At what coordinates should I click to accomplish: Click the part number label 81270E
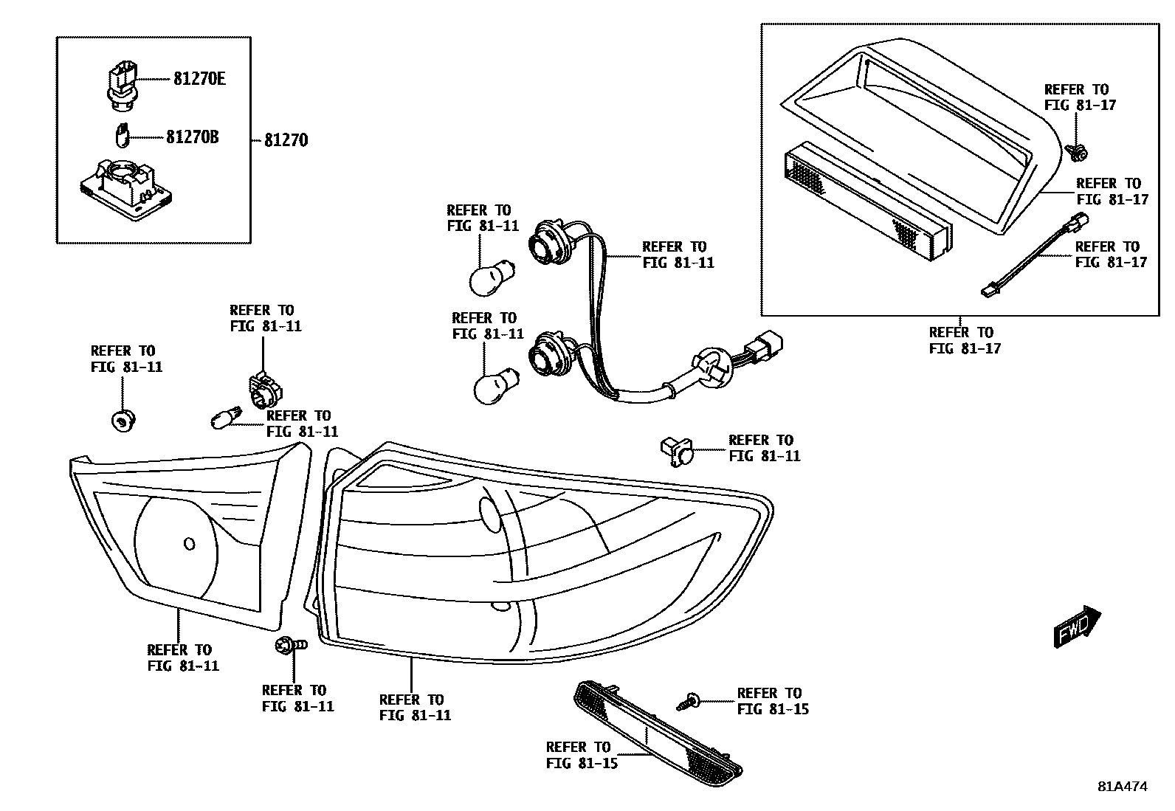[199, 78]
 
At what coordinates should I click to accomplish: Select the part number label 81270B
[192, 137]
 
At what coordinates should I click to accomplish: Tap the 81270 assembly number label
[286, 140]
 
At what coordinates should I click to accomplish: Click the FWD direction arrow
[1077, 627]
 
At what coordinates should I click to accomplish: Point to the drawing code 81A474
[1122, 787]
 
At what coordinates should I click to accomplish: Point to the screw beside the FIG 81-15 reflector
[690, 700]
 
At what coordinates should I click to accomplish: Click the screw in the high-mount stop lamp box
[1077, 153]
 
